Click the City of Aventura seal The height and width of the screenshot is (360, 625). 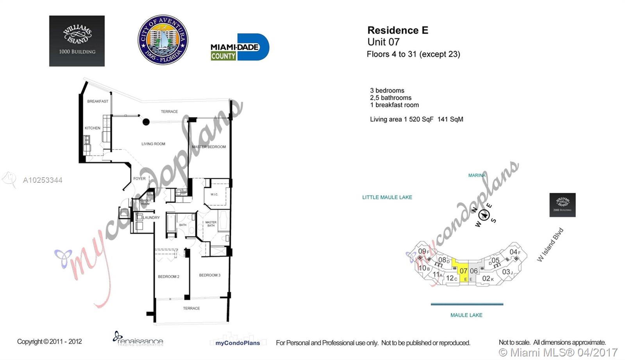[x=163, y=40]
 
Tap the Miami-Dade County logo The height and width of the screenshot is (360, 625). [x=239, y=47]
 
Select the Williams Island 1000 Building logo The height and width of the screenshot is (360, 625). [x=77, y=41]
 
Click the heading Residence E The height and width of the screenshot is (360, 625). [x=398, y=30]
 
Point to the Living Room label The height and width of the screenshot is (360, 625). [x=153, y=144]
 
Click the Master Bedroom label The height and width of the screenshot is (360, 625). [x=209, y=147]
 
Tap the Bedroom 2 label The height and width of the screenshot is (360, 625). [x=168, y=277]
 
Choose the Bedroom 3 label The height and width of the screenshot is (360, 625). [x=210, y=275]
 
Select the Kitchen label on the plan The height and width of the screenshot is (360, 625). [x=93, y=128]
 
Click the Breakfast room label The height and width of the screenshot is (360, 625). [x=98, y=102]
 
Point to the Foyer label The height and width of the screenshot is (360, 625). [x=139, y=178]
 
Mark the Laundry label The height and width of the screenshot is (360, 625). [x=151, y=217]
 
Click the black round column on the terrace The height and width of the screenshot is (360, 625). [x=146, y=122]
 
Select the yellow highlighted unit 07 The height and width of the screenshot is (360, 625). [x=462, y=270]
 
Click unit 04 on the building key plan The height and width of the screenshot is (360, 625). [x=514, y=252]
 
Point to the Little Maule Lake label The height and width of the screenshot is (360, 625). [x=387, y=198]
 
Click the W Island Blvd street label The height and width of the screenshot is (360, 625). [x=550, y=245]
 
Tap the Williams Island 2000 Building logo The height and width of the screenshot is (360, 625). [x=562, y=205]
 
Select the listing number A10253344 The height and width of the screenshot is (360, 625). [x=43, y=180]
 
